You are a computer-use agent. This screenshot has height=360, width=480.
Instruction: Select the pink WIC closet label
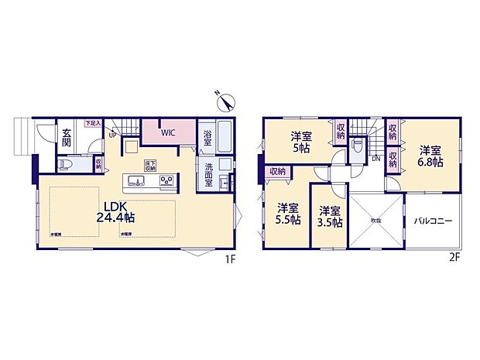click(x=169, y=132)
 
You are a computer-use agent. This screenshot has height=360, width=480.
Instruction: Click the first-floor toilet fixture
click(x=67, y=164)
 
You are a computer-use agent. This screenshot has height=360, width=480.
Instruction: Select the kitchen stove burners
click(x=166, y=181)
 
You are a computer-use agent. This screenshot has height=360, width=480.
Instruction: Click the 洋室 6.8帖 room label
click(x=431, y=156)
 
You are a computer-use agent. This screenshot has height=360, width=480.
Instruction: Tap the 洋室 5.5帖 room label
click(x=289, y=214)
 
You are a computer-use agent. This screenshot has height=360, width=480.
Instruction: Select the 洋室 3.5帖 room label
click(x=331, y=215)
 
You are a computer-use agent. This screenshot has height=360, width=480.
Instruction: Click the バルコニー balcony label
click(x=432, y=221)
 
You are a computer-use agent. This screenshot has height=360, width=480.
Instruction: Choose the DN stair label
click(x=375, y=159)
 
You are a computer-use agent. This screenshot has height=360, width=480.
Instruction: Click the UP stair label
click(x=113, y=136)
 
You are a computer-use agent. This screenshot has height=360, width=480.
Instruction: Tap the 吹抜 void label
click(x=375, y=221)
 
